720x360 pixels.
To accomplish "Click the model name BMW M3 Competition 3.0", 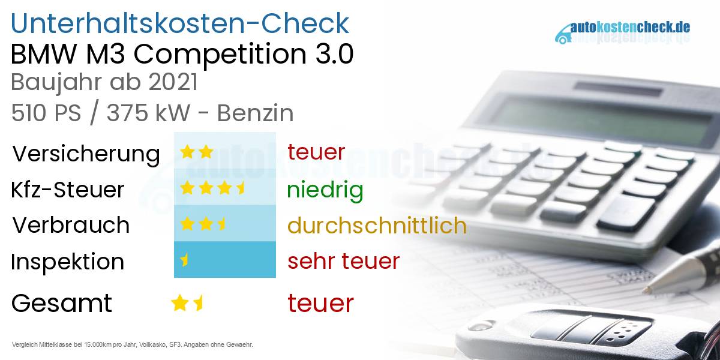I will [182, 55].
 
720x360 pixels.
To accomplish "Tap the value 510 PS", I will [46, 113].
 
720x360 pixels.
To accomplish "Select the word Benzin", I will [255, 113].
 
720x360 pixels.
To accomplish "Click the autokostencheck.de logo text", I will [630, 28].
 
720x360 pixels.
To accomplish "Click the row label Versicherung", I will [86, 154].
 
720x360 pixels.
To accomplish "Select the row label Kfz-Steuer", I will [68, 190].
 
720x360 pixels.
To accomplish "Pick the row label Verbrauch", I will [71, 225].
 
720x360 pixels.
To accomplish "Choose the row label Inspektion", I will [68, 262].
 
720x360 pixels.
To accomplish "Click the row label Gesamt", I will [61, 303].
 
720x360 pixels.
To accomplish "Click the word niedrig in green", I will [325, 190].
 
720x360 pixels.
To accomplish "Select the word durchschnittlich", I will [377, 225].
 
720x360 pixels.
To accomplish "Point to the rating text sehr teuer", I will [343, 261].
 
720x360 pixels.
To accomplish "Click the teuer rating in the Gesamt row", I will [320, 303].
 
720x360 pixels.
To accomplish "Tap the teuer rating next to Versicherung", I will [316, 152].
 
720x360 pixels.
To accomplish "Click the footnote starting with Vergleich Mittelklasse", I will [132, 344].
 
